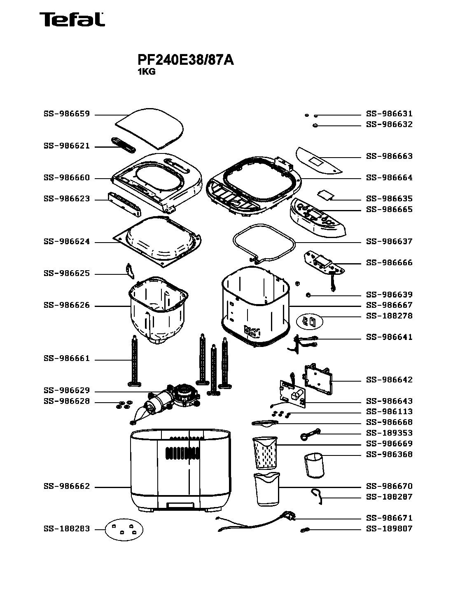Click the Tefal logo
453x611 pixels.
[72, 19]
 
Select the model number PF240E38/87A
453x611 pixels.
[185, 60]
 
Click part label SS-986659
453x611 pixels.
[66, 114]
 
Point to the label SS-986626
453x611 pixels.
[66, 306]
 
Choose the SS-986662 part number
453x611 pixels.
[66, 487]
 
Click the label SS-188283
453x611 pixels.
[66, 529]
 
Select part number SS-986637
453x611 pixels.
[389, 241]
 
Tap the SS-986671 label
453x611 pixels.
[389, 518]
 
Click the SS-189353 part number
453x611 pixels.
[389, 433]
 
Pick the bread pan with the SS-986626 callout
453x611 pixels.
[159, 309]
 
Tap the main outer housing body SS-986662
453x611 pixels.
[181, 470]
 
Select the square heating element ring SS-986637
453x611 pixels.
[264, 243]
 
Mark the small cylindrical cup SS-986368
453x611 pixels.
[314, 465]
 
